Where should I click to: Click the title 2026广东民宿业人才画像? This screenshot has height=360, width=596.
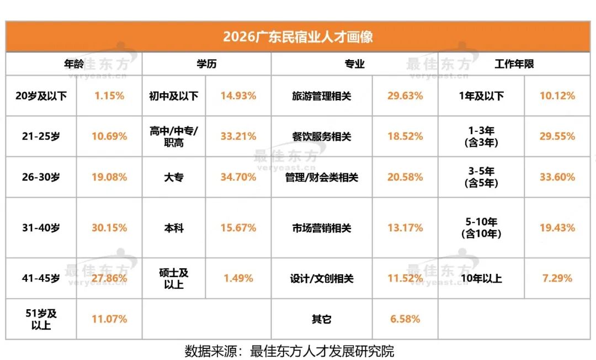(x=297, y=37)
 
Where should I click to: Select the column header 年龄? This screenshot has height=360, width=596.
(x=74, y=64)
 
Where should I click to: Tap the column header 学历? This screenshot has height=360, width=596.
(x=206, y=64)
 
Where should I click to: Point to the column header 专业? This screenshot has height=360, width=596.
(x=354, y=64)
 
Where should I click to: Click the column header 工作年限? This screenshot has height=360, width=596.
(x=514, y=64)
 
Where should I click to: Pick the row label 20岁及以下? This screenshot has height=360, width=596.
(x=41, y=96)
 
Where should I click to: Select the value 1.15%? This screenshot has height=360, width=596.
(x=109, y=96)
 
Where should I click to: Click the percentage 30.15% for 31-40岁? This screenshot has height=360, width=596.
(x=109, y=227)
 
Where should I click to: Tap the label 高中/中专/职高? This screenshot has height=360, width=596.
(x=174, y=136)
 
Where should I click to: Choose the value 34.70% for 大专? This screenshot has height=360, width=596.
(x=238, y=177)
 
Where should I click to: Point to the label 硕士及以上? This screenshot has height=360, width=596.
(x=174, y=278)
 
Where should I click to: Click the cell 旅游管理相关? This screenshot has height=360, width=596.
(x=322, y=96)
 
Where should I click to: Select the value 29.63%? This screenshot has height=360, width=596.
(x=405, y=96)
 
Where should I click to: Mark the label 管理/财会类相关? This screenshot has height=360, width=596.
(x=322, y=177)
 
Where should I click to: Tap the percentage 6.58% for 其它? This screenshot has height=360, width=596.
(x=405, y=319)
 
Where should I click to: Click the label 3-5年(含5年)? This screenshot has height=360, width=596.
(x=481, y=177)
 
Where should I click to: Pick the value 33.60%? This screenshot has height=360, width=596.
(x=557, y=177)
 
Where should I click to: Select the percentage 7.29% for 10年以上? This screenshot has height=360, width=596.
(x=557, y=278)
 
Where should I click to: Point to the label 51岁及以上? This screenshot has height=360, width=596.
(x=41, y=319)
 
